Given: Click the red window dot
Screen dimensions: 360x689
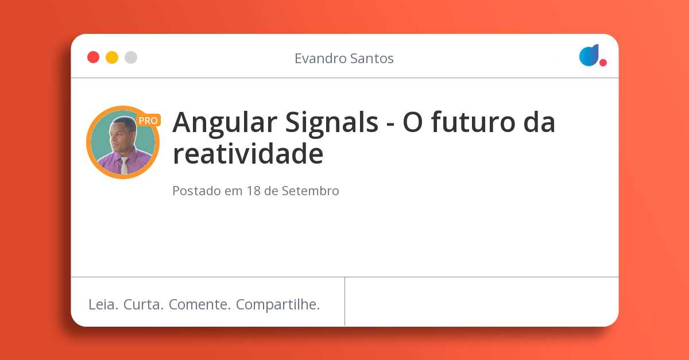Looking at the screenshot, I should coord(93,57).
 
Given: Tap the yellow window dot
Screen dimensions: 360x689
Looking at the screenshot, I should coord(112,57).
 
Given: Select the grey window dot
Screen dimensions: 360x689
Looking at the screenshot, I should coord(131,57).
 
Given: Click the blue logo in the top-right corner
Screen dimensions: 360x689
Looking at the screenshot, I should coord(589,55).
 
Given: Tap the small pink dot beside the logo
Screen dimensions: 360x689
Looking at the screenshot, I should coord(603,63).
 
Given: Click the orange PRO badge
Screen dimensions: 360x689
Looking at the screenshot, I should coord(148,121).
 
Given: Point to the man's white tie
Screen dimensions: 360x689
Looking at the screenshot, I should coord(125,165).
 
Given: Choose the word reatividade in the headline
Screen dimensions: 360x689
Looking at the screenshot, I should coord(248,154).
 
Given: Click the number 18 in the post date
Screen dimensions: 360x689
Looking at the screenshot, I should coord(253,191).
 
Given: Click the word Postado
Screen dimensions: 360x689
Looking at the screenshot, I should coord(196,191).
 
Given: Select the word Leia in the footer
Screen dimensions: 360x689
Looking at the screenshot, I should coord(103,304).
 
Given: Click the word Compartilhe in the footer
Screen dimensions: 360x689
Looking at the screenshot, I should coord(278,304).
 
